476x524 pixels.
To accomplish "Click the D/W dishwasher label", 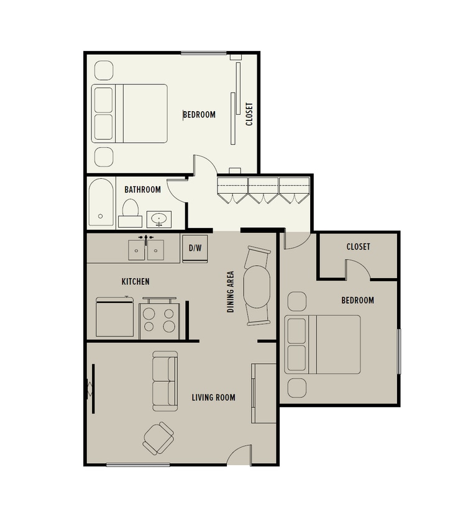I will point(195,248).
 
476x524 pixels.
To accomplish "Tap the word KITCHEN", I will point(135,282).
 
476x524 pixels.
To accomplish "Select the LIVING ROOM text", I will point(213,397).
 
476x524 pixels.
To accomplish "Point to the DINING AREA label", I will point(231,291).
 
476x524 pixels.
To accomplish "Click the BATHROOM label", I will point(142,190).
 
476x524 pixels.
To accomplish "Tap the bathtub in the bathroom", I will point(101,203).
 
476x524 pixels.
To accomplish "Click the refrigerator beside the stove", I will point(116,318).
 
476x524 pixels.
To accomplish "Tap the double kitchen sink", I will point(146,250).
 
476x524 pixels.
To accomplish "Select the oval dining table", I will point(257,286).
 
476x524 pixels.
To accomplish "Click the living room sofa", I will point(165,381).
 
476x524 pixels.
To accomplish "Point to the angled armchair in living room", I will point(158,438).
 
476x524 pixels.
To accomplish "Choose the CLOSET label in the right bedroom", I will point(358,247).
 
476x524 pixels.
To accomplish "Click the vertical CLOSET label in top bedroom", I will point(249,114).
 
